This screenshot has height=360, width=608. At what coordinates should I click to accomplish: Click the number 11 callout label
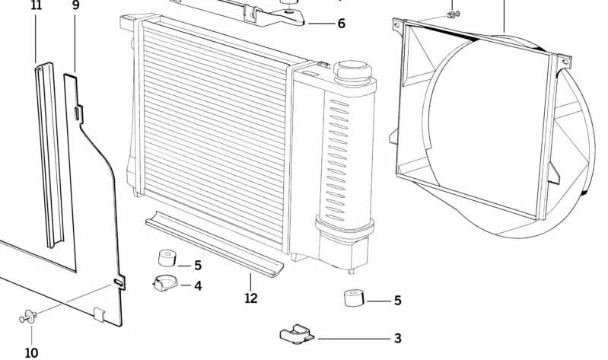pyautogui.click(x=37, y=6)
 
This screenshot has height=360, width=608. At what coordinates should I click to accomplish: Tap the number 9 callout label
pyautogui.click(x=75, y=6)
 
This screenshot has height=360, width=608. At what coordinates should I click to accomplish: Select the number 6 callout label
pyautogui.click(x=341, y=24)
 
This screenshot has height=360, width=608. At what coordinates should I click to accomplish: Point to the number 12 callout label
pyautogui.click(x=251, y=298)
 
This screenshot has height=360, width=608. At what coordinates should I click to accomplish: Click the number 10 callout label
pyautogui.click(x=31, y=352)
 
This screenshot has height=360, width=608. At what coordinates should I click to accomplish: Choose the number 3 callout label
pyautogui.click(x=397, y=339)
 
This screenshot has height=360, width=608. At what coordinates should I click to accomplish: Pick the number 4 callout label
pyautogui.click(x=197, y=286)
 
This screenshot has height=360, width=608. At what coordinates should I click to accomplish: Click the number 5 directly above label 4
pyautogui.click(x=197, y=266)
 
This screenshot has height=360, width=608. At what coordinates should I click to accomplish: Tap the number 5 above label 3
pyautogui.click(x=397, y=301)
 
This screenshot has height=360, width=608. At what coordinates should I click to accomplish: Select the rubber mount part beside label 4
pyautogui.click(x=165, y=282)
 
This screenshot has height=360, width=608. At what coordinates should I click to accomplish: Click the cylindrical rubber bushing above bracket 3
pyautogui.click(x=353, y=298)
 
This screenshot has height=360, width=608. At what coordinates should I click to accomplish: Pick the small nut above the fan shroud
pyautogui.click(x=454, y=14)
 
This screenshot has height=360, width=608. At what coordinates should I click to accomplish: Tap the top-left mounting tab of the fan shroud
pyautogui.click(x=398, y=26)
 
